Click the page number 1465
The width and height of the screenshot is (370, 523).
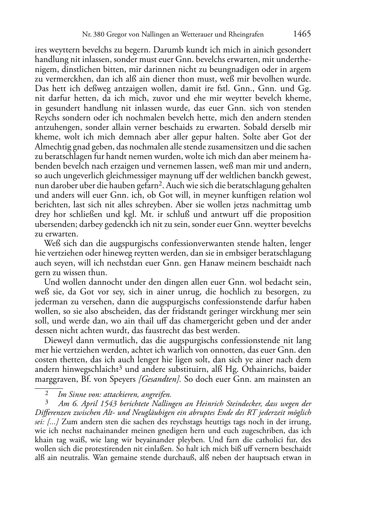pyautogui.click(x=302, y=34)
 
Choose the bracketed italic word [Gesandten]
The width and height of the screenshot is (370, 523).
pyautogui.click(x=159, y=379)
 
